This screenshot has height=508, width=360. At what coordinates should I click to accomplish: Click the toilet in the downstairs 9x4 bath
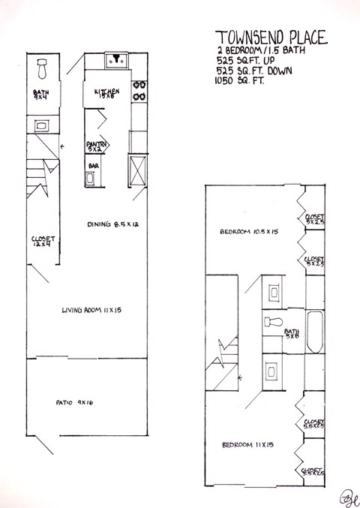tap(43, 69)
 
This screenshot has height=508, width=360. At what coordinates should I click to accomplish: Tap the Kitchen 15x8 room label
tap(108, 93)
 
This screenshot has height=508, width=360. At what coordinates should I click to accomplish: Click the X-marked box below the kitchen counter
tap(139, 167)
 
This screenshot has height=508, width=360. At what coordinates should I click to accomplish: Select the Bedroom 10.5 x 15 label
tap(250, 232)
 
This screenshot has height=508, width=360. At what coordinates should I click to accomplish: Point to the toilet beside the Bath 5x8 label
tap(273, 323)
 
